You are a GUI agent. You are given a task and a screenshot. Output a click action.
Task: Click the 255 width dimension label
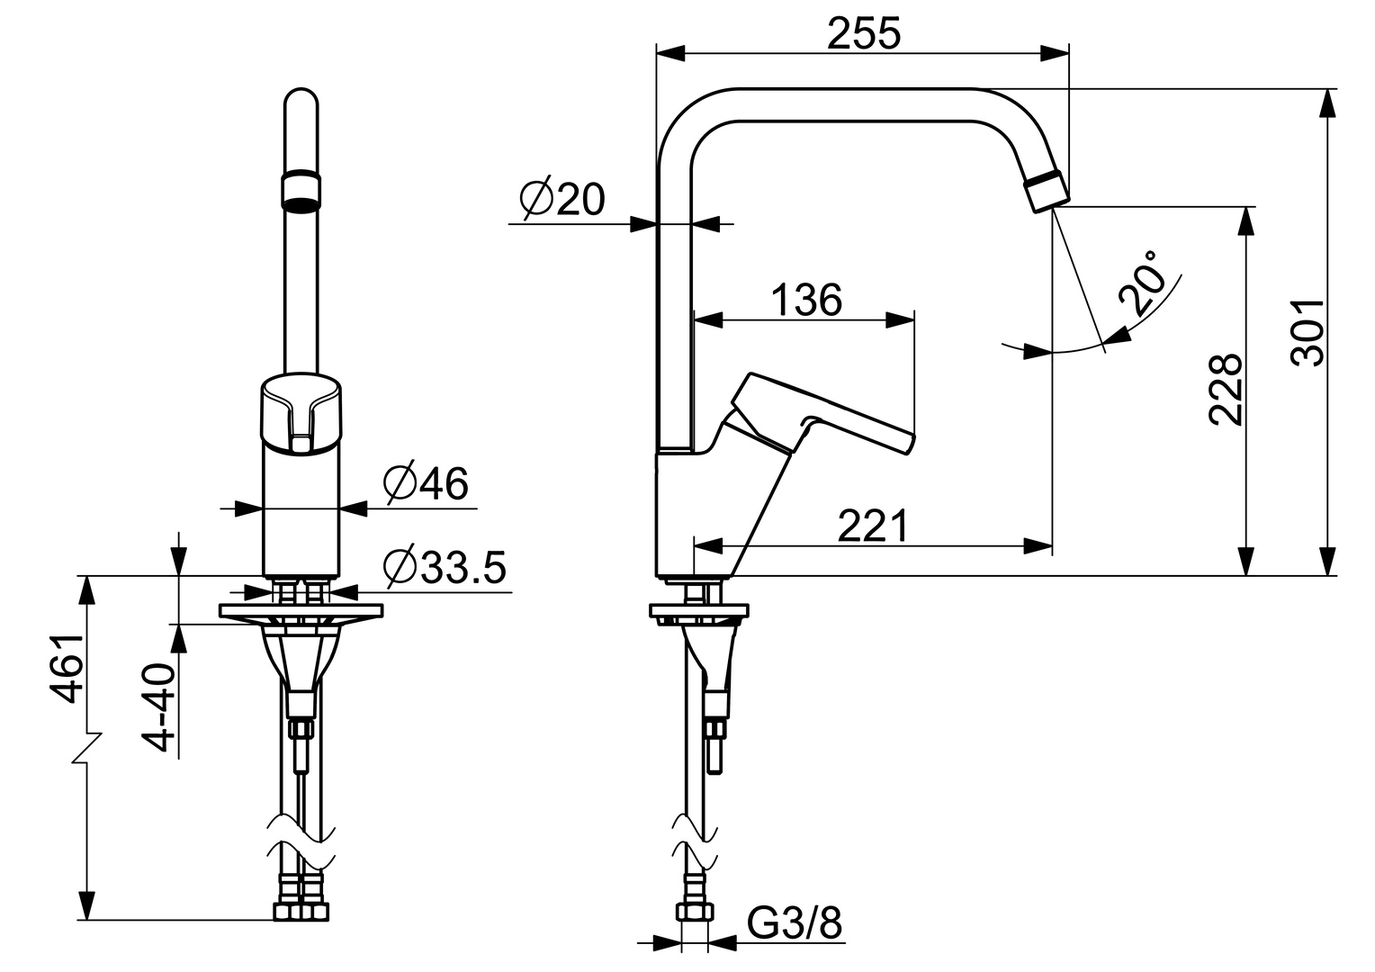[863, 34]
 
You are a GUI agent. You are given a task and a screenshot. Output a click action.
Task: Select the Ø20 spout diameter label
[562, 200]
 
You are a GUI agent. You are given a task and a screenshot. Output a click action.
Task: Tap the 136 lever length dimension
[806, 300]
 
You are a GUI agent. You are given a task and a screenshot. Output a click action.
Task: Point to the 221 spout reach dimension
[873, 526]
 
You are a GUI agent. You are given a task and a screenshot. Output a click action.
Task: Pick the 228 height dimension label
[1226, 389]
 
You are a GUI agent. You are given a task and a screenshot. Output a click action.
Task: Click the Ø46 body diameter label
[426, 485]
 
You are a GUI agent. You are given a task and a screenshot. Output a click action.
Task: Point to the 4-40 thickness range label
[161, 707]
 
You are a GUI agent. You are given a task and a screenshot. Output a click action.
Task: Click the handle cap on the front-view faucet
[301, 409]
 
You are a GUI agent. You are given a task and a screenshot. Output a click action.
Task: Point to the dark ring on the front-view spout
[301, 190]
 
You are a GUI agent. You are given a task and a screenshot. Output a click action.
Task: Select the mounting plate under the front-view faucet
[301, 611]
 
